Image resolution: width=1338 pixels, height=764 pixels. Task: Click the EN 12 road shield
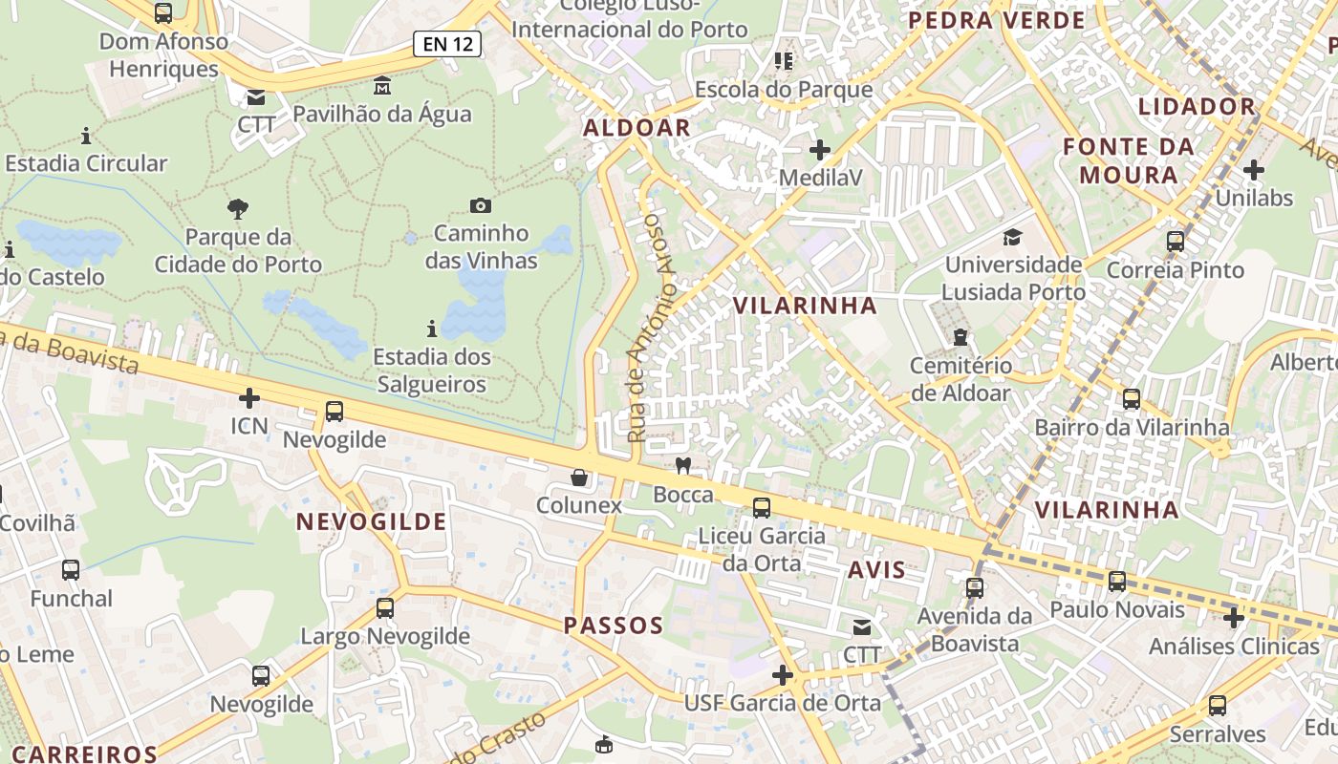447,43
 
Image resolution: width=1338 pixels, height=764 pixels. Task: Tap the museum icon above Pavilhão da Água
382,85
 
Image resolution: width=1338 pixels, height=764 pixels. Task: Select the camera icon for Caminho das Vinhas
481,205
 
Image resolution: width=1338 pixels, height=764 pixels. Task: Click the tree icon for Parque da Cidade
238,208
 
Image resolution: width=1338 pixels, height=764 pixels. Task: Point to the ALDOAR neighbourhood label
637,128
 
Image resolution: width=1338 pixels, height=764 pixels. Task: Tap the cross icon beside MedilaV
820,150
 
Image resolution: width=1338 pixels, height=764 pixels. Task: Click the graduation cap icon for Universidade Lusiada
1012,237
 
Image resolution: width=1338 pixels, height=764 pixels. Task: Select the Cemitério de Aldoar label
960,379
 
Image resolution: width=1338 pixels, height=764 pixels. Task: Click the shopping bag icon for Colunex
579,477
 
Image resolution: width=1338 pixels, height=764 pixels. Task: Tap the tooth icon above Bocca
682,466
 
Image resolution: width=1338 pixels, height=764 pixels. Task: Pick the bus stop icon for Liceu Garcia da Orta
762,508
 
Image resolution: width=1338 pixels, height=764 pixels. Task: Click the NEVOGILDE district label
371,521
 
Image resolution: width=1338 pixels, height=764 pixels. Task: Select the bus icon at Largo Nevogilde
385,607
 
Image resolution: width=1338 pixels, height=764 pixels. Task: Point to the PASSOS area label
613,626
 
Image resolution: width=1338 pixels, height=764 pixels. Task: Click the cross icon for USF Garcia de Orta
783,675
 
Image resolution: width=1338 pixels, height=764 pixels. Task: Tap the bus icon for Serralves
1217,706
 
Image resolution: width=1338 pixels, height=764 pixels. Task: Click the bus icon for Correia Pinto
1176,242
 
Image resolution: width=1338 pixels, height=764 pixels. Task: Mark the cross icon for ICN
249,397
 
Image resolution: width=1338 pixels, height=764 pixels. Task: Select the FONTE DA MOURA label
1128,160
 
